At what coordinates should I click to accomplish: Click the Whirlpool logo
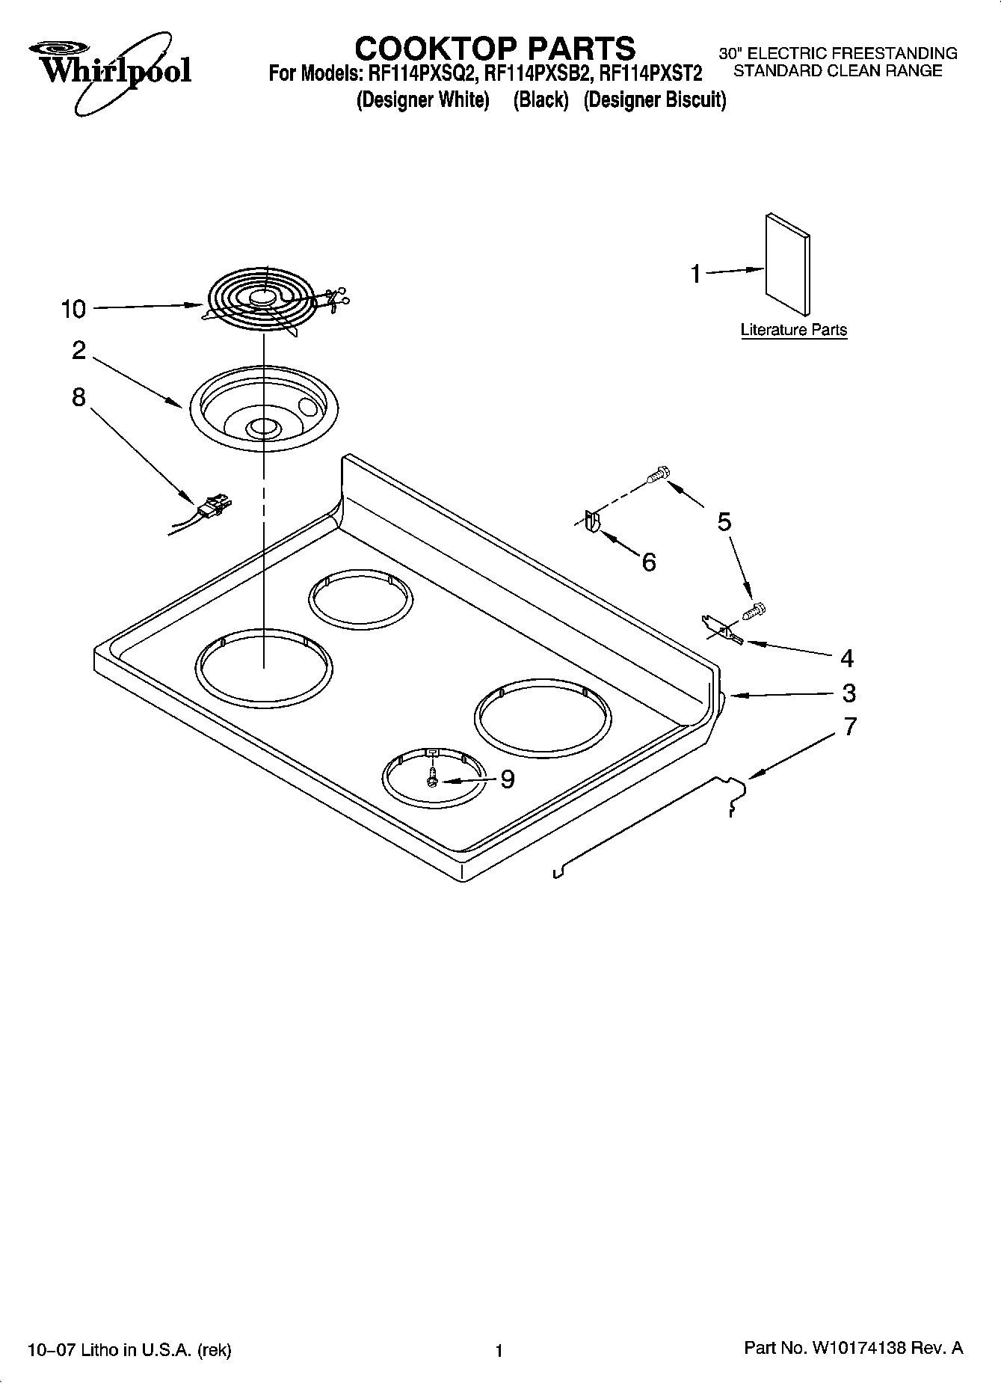click(110, 71)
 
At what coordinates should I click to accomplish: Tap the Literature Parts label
click(793, 330)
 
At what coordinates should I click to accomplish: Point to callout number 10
click(73, 309)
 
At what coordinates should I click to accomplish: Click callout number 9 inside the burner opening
click(507, 779)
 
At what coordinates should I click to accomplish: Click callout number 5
click(724, 521)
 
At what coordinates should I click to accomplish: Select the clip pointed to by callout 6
click(591, 521)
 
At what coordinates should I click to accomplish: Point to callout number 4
click(846, 658)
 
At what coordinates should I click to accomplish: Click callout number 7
click(849, 726)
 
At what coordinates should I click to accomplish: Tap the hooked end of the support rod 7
click(736, 794)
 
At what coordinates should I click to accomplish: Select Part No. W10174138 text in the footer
click(853, 1348)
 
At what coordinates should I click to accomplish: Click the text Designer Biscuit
click(654, 99)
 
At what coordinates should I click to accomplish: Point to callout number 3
click(848, 693)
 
